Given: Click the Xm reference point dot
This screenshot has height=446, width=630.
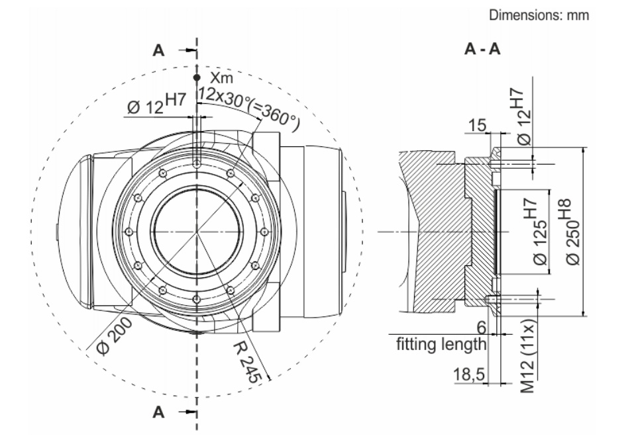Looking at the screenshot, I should (196, 77).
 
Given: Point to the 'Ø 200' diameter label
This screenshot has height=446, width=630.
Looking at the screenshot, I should (111, 335).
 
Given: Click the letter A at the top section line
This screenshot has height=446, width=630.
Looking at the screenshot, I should (157, 52).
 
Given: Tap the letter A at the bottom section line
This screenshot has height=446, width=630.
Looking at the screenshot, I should (157, 412).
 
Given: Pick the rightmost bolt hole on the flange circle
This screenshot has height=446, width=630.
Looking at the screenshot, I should (264, 232).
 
